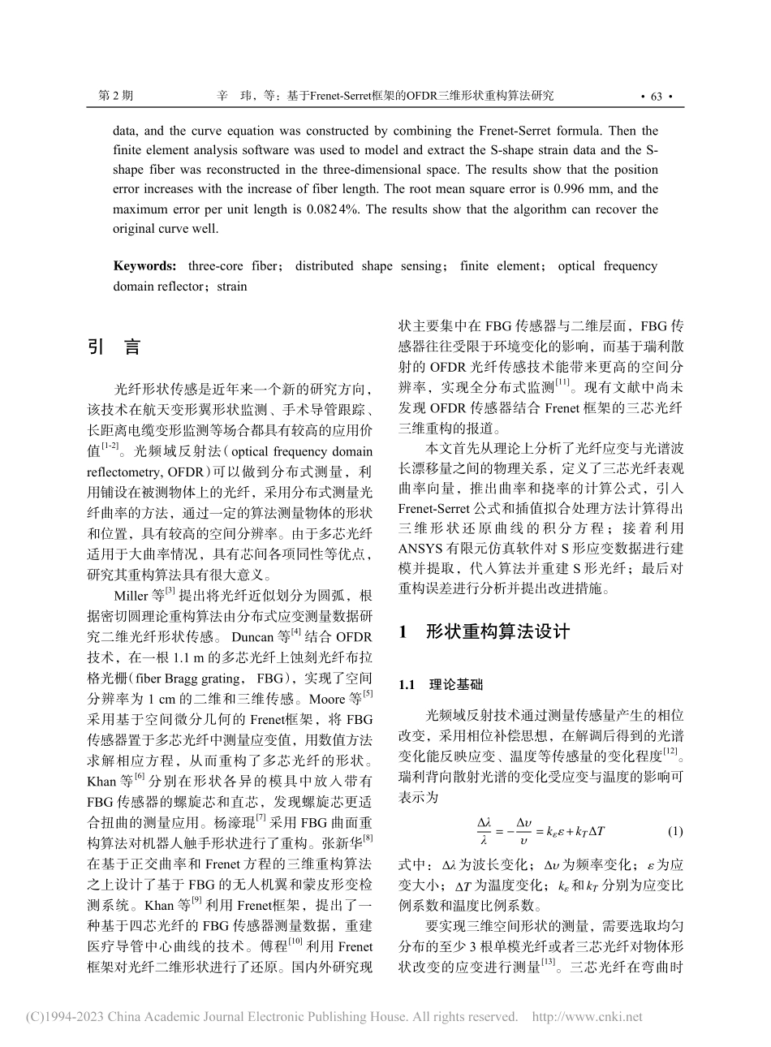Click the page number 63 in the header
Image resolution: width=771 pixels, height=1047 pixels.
(x=657, y=97)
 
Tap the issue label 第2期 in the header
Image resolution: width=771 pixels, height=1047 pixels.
(x=114, y=96)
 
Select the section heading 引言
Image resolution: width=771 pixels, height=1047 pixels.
(x=114, y=347)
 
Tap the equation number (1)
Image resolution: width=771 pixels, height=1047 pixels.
(x=674, y=832)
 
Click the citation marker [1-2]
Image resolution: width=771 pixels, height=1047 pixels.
(x=108, y=446)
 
